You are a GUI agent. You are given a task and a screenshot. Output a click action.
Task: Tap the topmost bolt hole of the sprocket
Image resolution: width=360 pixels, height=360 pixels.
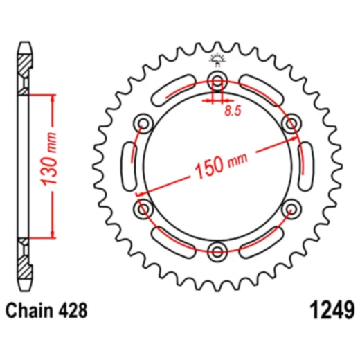(217, 78)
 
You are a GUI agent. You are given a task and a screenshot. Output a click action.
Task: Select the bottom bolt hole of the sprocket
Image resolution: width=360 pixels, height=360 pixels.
(217, 250)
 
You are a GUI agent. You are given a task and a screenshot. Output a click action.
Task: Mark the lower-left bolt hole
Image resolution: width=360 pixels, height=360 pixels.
(144, 207)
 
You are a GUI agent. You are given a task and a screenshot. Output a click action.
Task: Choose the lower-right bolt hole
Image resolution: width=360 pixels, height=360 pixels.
(291, 207)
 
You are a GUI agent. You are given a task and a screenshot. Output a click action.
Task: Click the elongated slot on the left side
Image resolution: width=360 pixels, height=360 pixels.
(128, 165)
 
